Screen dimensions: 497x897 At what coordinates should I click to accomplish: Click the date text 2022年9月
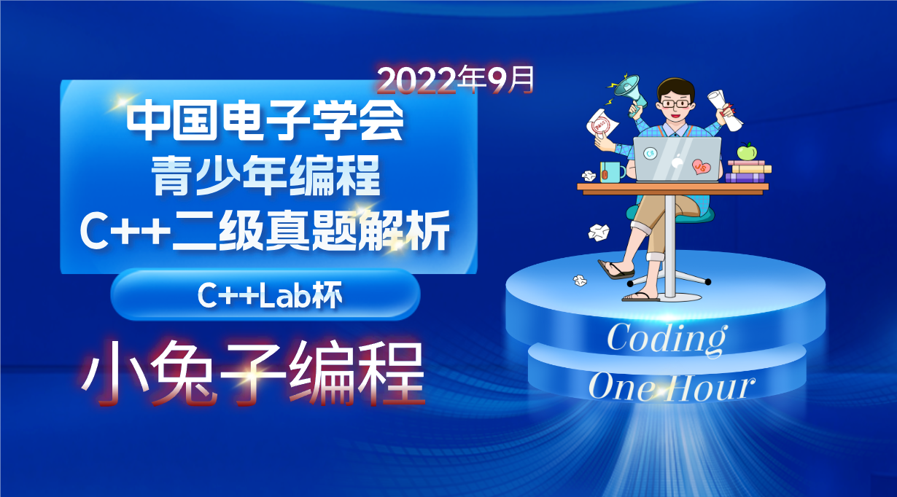456,81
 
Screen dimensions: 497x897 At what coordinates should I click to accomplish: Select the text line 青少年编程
265,178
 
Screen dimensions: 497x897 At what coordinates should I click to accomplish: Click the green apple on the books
746,151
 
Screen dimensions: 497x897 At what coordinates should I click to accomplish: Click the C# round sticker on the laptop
651,154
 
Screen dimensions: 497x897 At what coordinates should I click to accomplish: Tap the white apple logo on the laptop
676,161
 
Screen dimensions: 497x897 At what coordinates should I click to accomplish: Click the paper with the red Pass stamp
601,125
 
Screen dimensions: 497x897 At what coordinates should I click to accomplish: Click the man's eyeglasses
675,103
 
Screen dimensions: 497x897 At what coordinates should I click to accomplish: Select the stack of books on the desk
747,171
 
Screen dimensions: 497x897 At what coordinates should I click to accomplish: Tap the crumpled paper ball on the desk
589,176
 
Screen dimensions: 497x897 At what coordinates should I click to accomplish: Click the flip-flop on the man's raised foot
616,270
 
